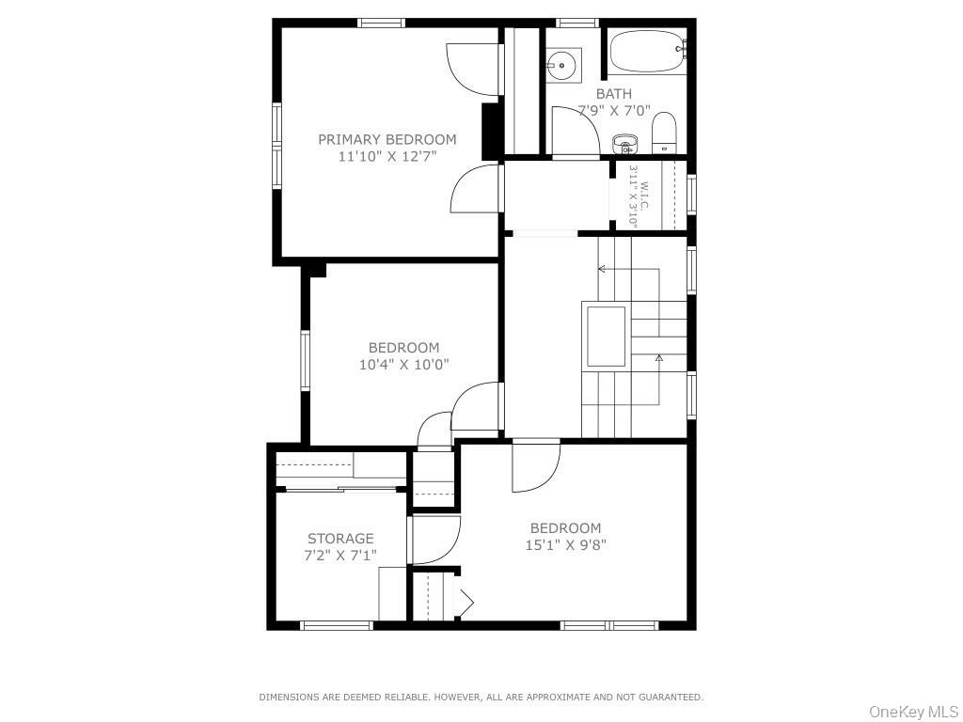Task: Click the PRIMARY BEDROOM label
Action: click(x=387, y=139)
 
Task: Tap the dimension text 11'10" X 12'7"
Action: click(x=387, y=156)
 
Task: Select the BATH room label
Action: click(x=613, y=93)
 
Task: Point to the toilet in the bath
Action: click(x=664, y=132)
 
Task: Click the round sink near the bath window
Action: click(x=562, y=64)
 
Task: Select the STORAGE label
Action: click(x=340, y=539)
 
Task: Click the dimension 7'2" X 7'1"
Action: click(x=340, y=555)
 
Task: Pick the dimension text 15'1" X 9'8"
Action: click(x=565, y=543)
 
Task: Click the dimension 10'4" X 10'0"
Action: click(x=403, y=364)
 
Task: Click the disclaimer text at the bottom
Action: click(x=481, y=697)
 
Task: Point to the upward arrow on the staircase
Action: click(x=658, y=358)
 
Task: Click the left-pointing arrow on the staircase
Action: click(x=602, y=269)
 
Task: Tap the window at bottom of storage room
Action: click(x=337, y=624)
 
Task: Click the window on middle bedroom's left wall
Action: click(x=305, y=360)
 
